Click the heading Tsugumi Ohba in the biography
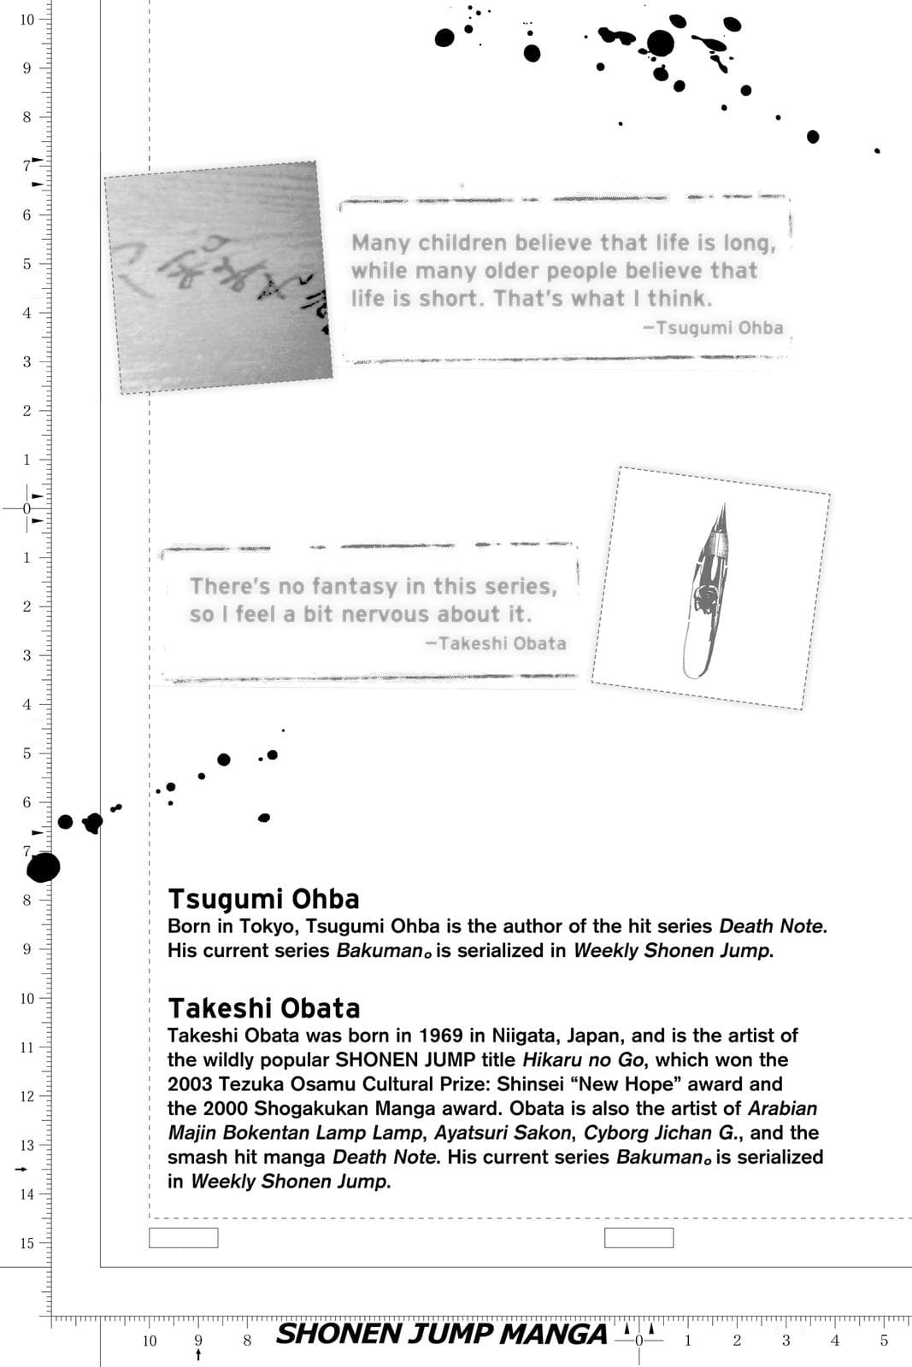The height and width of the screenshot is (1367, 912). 263,899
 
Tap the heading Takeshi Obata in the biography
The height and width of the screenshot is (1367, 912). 263,1008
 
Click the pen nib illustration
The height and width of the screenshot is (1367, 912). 709,589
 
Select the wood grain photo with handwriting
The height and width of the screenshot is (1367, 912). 217,277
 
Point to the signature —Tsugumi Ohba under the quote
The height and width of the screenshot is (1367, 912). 713,327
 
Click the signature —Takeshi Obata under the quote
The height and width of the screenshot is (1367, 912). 496,643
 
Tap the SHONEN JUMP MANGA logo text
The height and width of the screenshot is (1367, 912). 441,1334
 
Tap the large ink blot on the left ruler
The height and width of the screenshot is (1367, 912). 43,867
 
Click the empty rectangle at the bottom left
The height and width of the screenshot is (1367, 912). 183,1237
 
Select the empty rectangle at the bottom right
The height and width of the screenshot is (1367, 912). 638,1237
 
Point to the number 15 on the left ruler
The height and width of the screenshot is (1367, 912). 27,1243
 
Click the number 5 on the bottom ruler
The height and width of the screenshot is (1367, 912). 884,1341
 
